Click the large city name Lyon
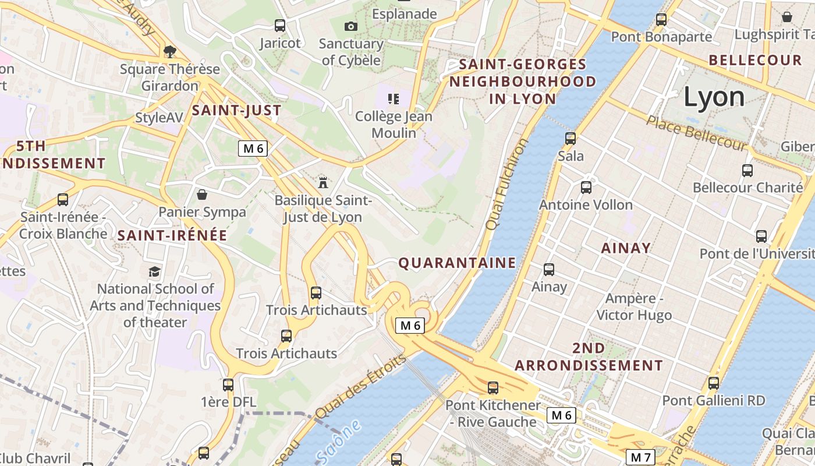(x=714, y=97)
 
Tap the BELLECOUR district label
(x=755, y=60)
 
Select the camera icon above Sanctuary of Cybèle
(x=350, y=26)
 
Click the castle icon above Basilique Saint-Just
(x=323, y=183)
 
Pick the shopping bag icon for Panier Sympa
(x=202, y=194)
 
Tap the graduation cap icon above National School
(x=154, y=271)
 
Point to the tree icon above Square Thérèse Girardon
(x=170, y=52)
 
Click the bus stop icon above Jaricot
(x=280, y=26)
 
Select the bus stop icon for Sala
(x=570, y=139)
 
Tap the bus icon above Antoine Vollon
(x=586, y=188)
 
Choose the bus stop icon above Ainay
(x=549, y=270)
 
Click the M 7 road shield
(x=640, y=457)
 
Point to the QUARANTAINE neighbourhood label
(x=457, y=263)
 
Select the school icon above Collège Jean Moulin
(x=394, y=99)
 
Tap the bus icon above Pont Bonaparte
(x=661, y=20)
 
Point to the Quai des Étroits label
(x=361, y=386)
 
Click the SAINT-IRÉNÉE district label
(x=172, y=235)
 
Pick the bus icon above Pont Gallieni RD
(x=714, y=383)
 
